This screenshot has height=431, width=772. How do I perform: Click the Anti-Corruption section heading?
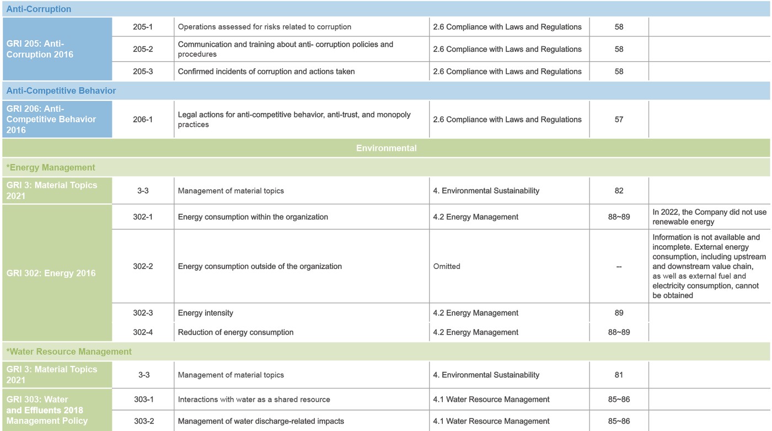[x=39, y=9]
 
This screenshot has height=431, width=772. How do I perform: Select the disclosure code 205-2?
[x=143, y=49]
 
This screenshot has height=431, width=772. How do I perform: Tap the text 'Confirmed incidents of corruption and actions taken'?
[x=266, y=72]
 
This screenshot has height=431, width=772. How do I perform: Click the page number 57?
[x=619, y=120]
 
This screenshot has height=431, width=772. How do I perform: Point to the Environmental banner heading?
[x=386, y=148]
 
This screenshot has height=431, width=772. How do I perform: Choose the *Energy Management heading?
[x=51, y=168]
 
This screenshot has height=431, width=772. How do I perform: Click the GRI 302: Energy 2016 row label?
[x=51, y=273]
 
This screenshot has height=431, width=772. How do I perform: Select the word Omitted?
[x=447, y=266]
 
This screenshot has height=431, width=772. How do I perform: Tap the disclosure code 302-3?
[x=143, y=313]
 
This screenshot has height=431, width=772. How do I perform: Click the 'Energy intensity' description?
[x=206, y=313]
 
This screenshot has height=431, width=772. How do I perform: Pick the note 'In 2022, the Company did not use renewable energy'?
[x=709, y=217]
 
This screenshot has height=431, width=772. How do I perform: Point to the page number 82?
[x=619, y=191]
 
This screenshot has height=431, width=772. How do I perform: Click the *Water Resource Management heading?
[x=69, y=352]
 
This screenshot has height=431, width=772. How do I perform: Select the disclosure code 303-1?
[x=144, y=400]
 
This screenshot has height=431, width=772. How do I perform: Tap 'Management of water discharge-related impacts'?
[x=261, y=422]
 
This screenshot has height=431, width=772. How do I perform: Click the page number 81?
[x=619, y=375]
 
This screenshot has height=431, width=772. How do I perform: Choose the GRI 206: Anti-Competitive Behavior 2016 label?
[x=51, y=119]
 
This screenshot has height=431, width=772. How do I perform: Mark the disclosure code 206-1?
[x=143, y=120]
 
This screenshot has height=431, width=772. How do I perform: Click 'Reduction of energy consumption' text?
[x=235, y=332]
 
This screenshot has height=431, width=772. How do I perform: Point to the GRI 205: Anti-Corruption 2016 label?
[x=40, y=49]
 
